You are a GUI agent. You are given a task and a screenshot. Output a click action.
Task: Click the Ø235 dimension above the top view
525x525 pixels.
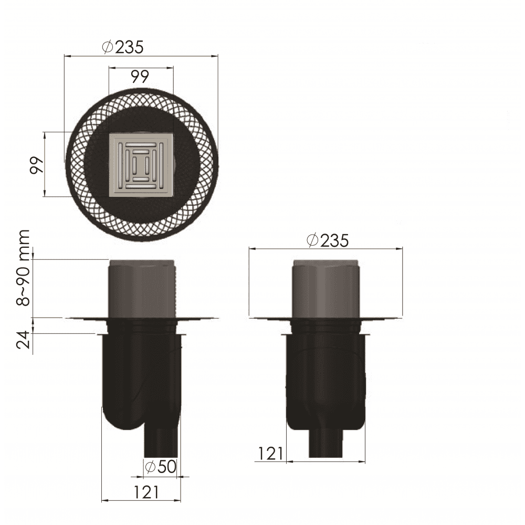(x=123, y=47)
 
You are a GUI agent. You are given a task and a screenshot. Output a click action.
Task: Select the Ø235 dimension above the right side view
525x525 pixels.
(x=328, y=240)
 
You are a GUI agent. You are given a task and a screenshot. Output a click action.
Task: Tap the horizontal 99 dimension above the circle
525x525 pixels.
(x=140, y=77)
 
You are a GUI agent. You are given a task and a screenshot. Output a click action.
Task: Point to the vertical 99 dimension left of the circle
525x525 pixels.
(x=37, y=165)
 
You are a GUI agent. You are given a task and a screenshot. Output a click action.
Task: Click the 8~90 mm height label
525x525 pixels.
(x=24, y=268)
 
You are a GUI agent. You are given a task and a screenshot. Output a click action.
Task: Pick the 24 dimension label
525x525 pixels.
(x=24, y=340)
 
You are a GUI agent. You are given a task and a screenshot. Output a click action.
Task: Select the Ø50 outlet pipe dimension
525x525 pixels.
(x=160, y=466)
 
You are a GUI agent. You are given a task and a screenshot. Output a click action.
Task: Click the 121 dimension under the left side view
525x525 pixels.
(x=146, y=492)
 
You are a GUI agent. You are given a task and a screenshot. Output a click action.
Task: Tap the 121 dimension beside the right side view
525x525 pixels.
(x=270, y=454)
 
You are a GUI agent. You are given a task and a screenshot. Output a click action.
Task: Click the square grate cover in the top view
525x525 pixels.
(x=142, y=165)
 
